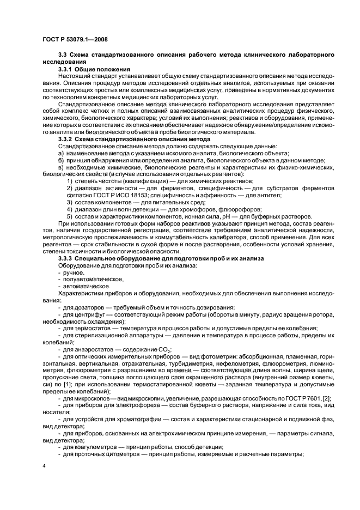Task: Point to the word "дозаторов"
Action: pyautogui.click(x=89, y=307)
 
